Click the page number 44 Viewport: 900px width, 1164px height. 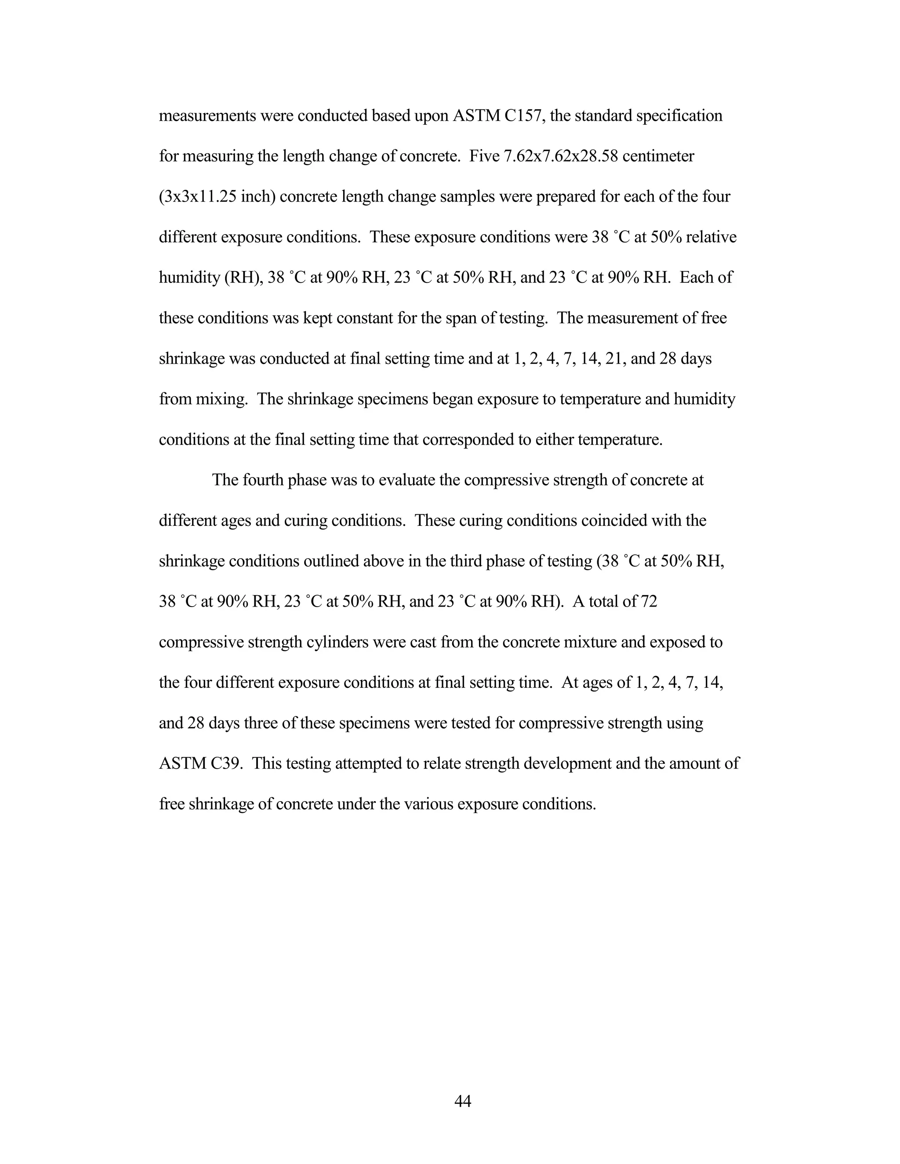(462, 1101)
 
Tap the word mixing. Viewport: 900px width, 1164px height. (222, 399)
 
